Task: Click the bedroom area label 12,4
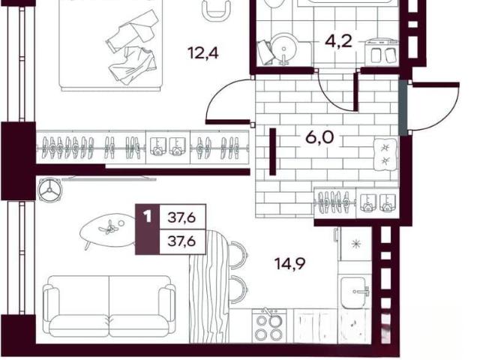[203, 53]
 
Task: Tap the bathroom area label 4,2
[338, 41]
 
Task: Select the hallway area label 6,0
[320, 136]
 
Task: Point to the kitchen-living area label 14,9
[289, 263]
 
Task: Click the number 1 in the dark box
[148, 217]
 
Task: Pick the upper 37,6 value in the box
[182, 217]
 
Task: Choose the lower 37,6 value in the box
[182, 241]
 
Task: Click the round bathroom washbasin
[284, 49]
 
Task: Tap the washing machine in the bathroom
[382, 52]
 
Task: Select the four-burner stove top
[269, 325]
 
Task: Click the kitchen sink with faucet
[355, 292]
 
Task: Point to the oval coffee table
[108, 230]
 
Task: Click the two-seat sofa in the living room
[109, 306]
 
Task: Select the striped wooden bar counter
[209, 286]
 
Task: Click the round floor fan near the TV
[49, 190]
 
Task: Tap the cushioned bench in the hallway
[385, 154]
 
